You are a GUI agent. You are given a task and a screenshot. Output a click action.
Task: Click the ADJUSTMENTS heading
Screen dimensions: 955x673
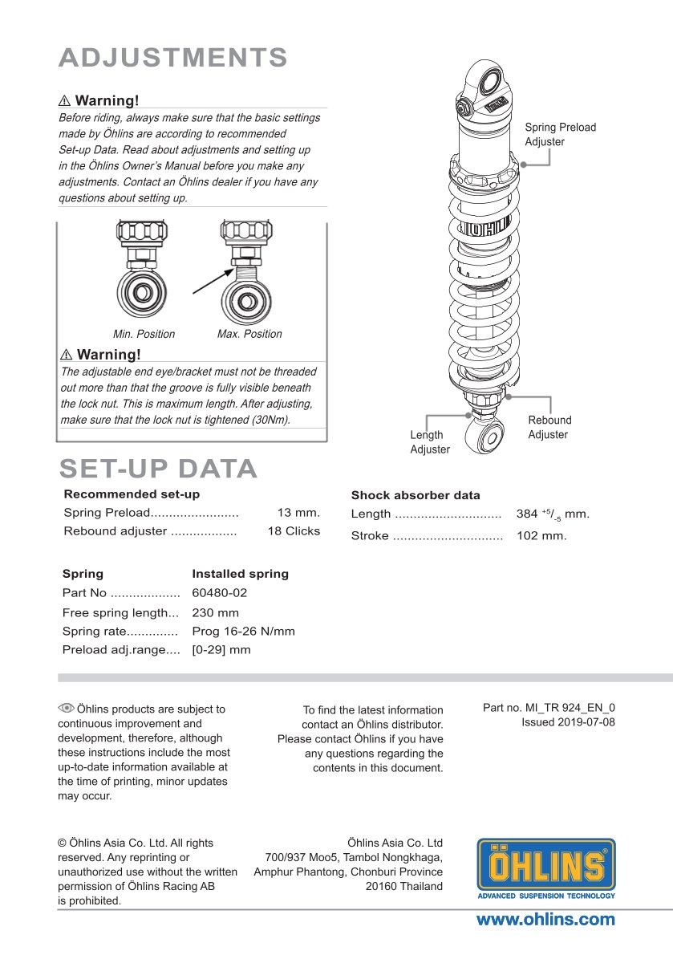[173, 58]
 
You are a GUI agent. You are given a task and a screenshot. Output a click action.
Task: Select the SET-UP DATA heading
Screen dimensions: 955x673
[158, 469]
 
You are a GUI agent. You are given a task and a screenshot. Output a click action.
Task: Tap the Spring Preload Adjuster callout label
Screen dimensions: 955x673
[560, 135]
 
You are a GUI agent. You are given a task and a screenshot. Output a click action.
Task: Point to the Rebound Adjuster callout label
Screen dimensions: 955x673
[549, 428]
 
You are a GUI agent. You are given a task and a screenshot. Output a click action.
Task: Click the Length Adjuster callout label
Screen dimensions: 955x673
[430, 442]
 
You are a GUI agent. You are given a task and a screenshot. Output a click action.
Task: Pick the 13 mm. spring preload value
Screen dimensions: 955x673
[298, 513]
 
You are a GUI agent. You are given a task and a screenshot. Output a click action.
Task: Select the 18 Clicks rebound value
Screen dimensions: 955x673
[294, 531]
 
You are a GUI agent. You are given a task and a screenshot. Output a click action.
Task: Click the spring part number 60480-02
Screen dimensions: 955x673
[220, 594]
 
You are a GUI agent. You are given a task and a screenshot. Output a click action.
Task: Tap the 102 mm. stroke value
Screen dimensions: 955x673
[541, 536]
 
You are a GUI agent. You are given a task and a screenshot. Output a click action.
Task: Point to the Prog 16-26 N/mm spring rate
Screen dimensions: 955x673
[243, 632]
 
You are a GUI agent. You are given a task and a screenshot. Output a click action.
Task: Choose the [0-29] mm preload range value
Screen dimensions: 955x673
[221, 650]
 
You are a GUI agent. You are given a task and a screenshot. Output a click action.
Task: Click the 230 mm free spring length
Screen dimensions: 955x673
[215, 613]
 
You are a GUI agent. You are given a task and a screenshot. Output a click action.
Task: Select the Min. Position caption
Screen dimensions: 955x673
[144, 334]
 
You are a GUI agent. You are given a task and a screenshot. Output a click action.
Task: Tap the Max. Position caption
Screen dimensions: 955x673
[249, 334]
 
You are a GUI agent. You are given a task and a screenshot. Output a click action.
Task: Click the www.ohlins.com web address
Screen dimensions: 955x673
[545, 920]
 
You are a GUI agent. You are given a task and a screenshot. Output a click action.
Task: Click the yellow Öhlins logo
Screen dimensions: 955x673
[546, 868]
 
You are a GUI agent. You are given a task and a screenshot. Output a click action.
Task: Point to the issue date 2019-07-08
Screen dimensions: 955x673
[568, 722]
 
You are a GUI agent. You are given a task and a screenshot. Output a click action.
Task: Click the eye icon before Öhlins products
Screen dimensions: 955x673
[66, 708]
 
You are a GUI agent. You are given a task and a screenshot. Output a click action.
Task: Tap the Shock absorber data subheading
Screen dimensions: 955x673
[416, 495]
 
